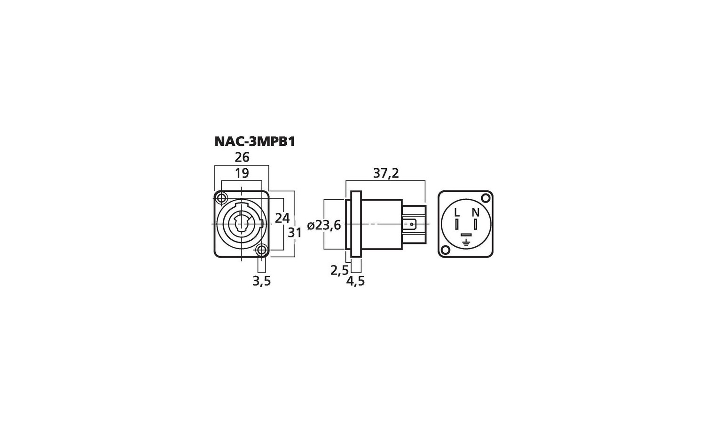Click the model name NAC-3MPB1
(254, 141)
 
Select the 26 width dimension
(242, 157)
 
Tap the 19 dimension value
(242, 173)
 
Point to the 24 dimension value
(282, 218)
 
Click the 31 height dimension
(295, 233)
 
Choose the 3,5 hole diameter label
(262, 281)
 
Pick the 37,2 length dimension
(386, 173)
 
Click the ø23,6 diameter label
(324, 226)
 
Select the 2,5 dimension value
(339, 270)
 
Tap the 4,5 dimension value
(355, 281)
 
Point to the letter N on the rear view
(476, 212)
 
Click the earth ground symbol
(466, 243)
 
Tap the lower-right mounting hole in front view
(262, 250)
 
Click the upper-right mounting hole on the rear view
(485, 198)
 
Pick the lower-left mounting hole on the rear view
(445, 250)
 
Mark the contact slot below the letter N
(476, 224)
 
